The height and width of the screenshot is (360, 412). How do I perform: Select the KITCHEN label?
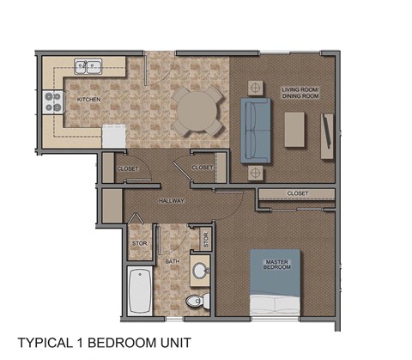coord(89,100)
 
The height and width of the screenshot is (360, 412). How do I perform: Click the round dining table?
coord(198,110)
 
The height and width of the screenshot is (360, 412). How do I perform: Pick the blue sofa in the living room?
coord(254,130)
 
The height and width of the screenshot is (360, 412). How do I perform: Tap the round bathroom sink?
coord(200,271)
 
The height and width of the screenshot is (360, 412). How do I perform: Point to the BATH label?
coord(172,260)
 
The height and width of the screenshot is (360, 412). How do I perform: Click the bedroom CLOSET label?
coord(298,193)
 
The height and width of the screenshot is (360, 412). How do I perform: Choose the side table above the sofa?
coord(254,88)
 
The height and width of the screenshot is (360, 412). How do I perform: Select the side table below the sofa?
coord(254,173)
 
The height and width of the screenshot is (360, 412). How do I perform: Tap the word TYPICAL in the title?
coord(46,342)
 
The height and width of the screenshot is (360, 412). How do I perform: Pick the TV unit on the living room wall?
coord(327,135)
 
